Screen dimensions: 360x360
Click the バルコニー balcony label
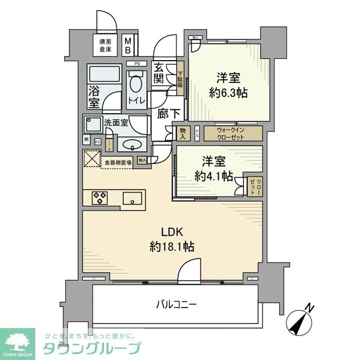176,305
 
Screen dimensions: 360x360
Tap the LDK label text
172,231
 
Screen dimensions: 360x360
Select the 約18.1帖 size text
172,247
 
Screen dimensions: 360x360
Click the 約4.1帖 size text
213,175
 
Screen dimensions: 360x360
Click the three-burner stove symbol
100,198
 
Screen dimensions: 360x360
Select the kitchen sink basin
133,198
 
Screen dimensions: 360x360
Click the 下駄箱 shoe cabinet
181,80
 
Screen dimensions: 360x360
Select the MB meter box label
130,45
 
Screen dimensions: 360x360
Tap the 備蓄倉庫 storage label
106,45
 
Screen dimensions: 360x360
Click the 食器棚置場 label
118,163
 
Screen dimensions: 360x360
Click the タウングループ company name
92,348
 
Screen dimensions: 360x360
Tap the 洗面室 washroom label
116,123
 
